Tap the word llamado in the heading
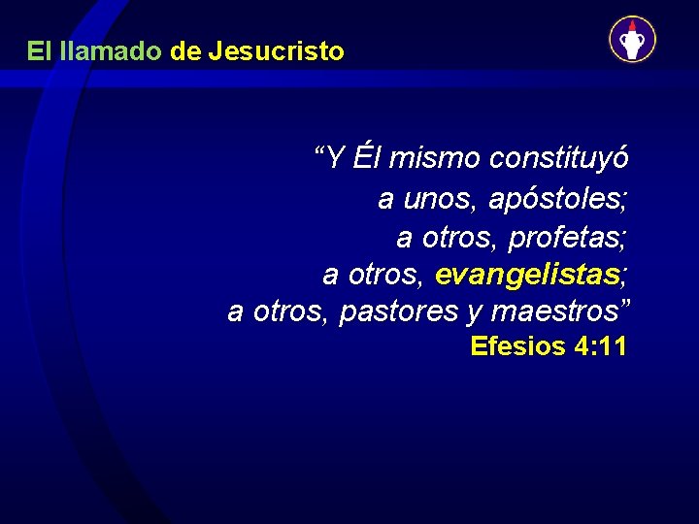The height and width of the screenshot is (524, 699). [x=110, y=51]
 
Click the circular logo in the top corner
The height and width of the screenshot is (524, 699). [x=632, y=40]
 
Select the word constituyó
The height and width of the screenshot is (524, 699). [x=560, y=157]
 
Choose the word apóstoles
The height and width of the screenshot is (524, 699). [x=557, y=200]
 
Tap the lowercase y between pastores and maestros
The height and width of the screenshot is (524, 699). [x=475, y=314]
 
